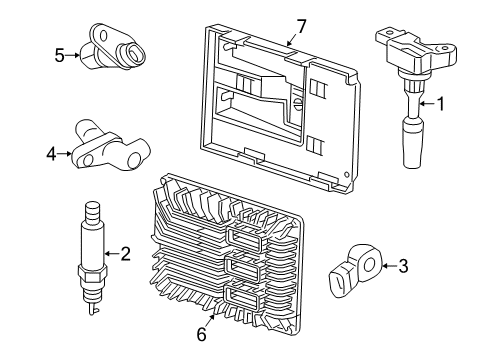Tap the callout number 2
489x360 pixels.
125,254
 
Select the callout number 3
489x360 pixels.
403,265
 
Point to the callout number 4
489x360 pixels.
52,153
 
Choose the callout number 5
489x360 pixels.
60,56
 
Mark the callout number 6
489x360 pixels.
200,335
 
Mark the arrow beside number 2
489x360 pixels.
111,254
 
